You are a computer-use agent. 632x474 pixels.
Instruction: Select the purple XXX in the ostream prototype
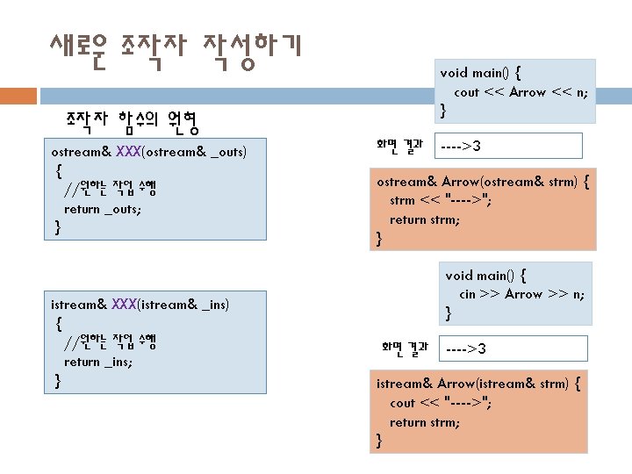127,153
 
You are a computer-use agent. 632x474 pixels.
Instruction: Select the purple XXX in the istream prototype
124,305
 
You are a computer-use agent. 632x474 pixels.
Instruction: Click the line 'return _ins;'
98,361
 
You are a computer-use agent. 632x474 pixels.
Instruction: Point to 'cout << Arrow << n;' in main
521,92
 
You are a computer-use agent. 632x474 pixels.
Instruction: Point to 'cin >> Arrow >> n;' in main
521,294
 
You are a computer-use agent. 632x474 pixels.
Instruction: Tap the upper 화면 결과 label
399,144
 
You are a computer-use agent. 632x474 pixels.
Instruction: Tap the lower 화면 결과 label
404,348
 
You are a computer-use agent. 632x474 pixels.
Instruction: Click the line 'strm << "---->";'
441,201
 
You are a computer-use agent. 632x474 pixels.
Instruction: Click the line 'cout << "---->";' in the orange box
441,403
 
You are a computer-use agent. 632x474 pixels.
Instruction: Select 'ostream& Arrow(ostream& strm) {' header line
483,183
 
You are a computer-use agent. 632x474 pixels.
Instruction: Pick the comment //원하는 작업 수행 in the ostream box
110,188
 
